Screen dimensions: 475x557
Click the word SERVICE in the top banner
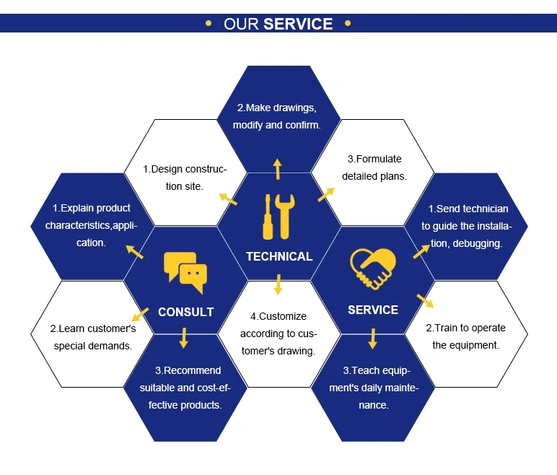tap(298, 24)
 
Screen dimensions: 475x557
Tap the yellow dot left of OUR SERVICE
tap(209, 23)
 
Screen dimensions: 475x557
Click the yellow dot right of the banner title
tap(348, 23)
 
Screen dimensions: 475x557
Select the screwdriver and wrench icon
tap(278, 217)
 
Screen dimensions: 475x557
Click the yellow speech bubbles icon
tap(185, 272)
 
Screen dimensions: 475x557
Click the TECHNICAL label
tap(279, 256)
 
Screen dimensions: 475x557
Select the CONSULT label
tap(185, 312)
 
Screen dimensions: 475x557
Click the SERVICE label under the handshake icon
tap(373, 310)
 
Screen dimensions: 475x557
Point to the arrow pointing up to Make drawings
tap(277, 169)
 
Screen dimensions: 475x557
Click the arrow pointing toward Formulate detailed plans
tap(326, 193)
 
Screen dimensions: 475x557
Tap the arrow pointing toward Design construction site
tap(228, 198)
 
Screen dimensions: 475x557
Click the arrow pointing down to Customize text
tap(278, 284)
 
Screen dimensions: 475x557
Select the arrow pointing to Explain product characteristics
tap(134, 250)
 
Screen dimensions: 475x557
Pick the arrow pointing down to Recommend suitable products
tap(184, 337)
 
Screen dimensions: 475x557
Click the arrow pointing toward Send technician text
tap(421, 249)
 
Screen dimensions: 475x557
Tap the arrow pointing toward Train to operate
tap(425, 300)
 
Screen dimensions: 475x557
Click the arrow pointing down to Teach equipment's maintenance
tap(373, 338)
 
